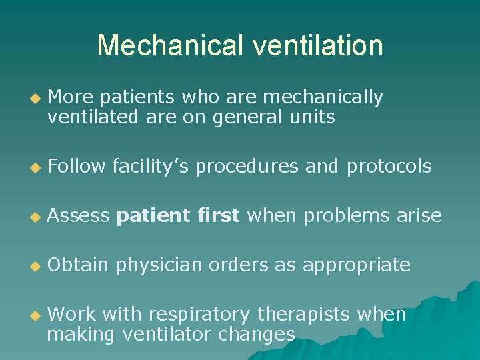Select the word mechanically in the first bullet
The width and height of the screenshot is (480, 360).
pos(323,98)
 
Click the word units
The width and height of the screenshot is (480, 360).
pos(313,117)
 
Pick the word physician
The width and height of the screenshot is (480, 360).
pos(159,265)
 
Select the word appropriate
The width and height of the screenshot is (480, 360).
pos(357,265)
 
